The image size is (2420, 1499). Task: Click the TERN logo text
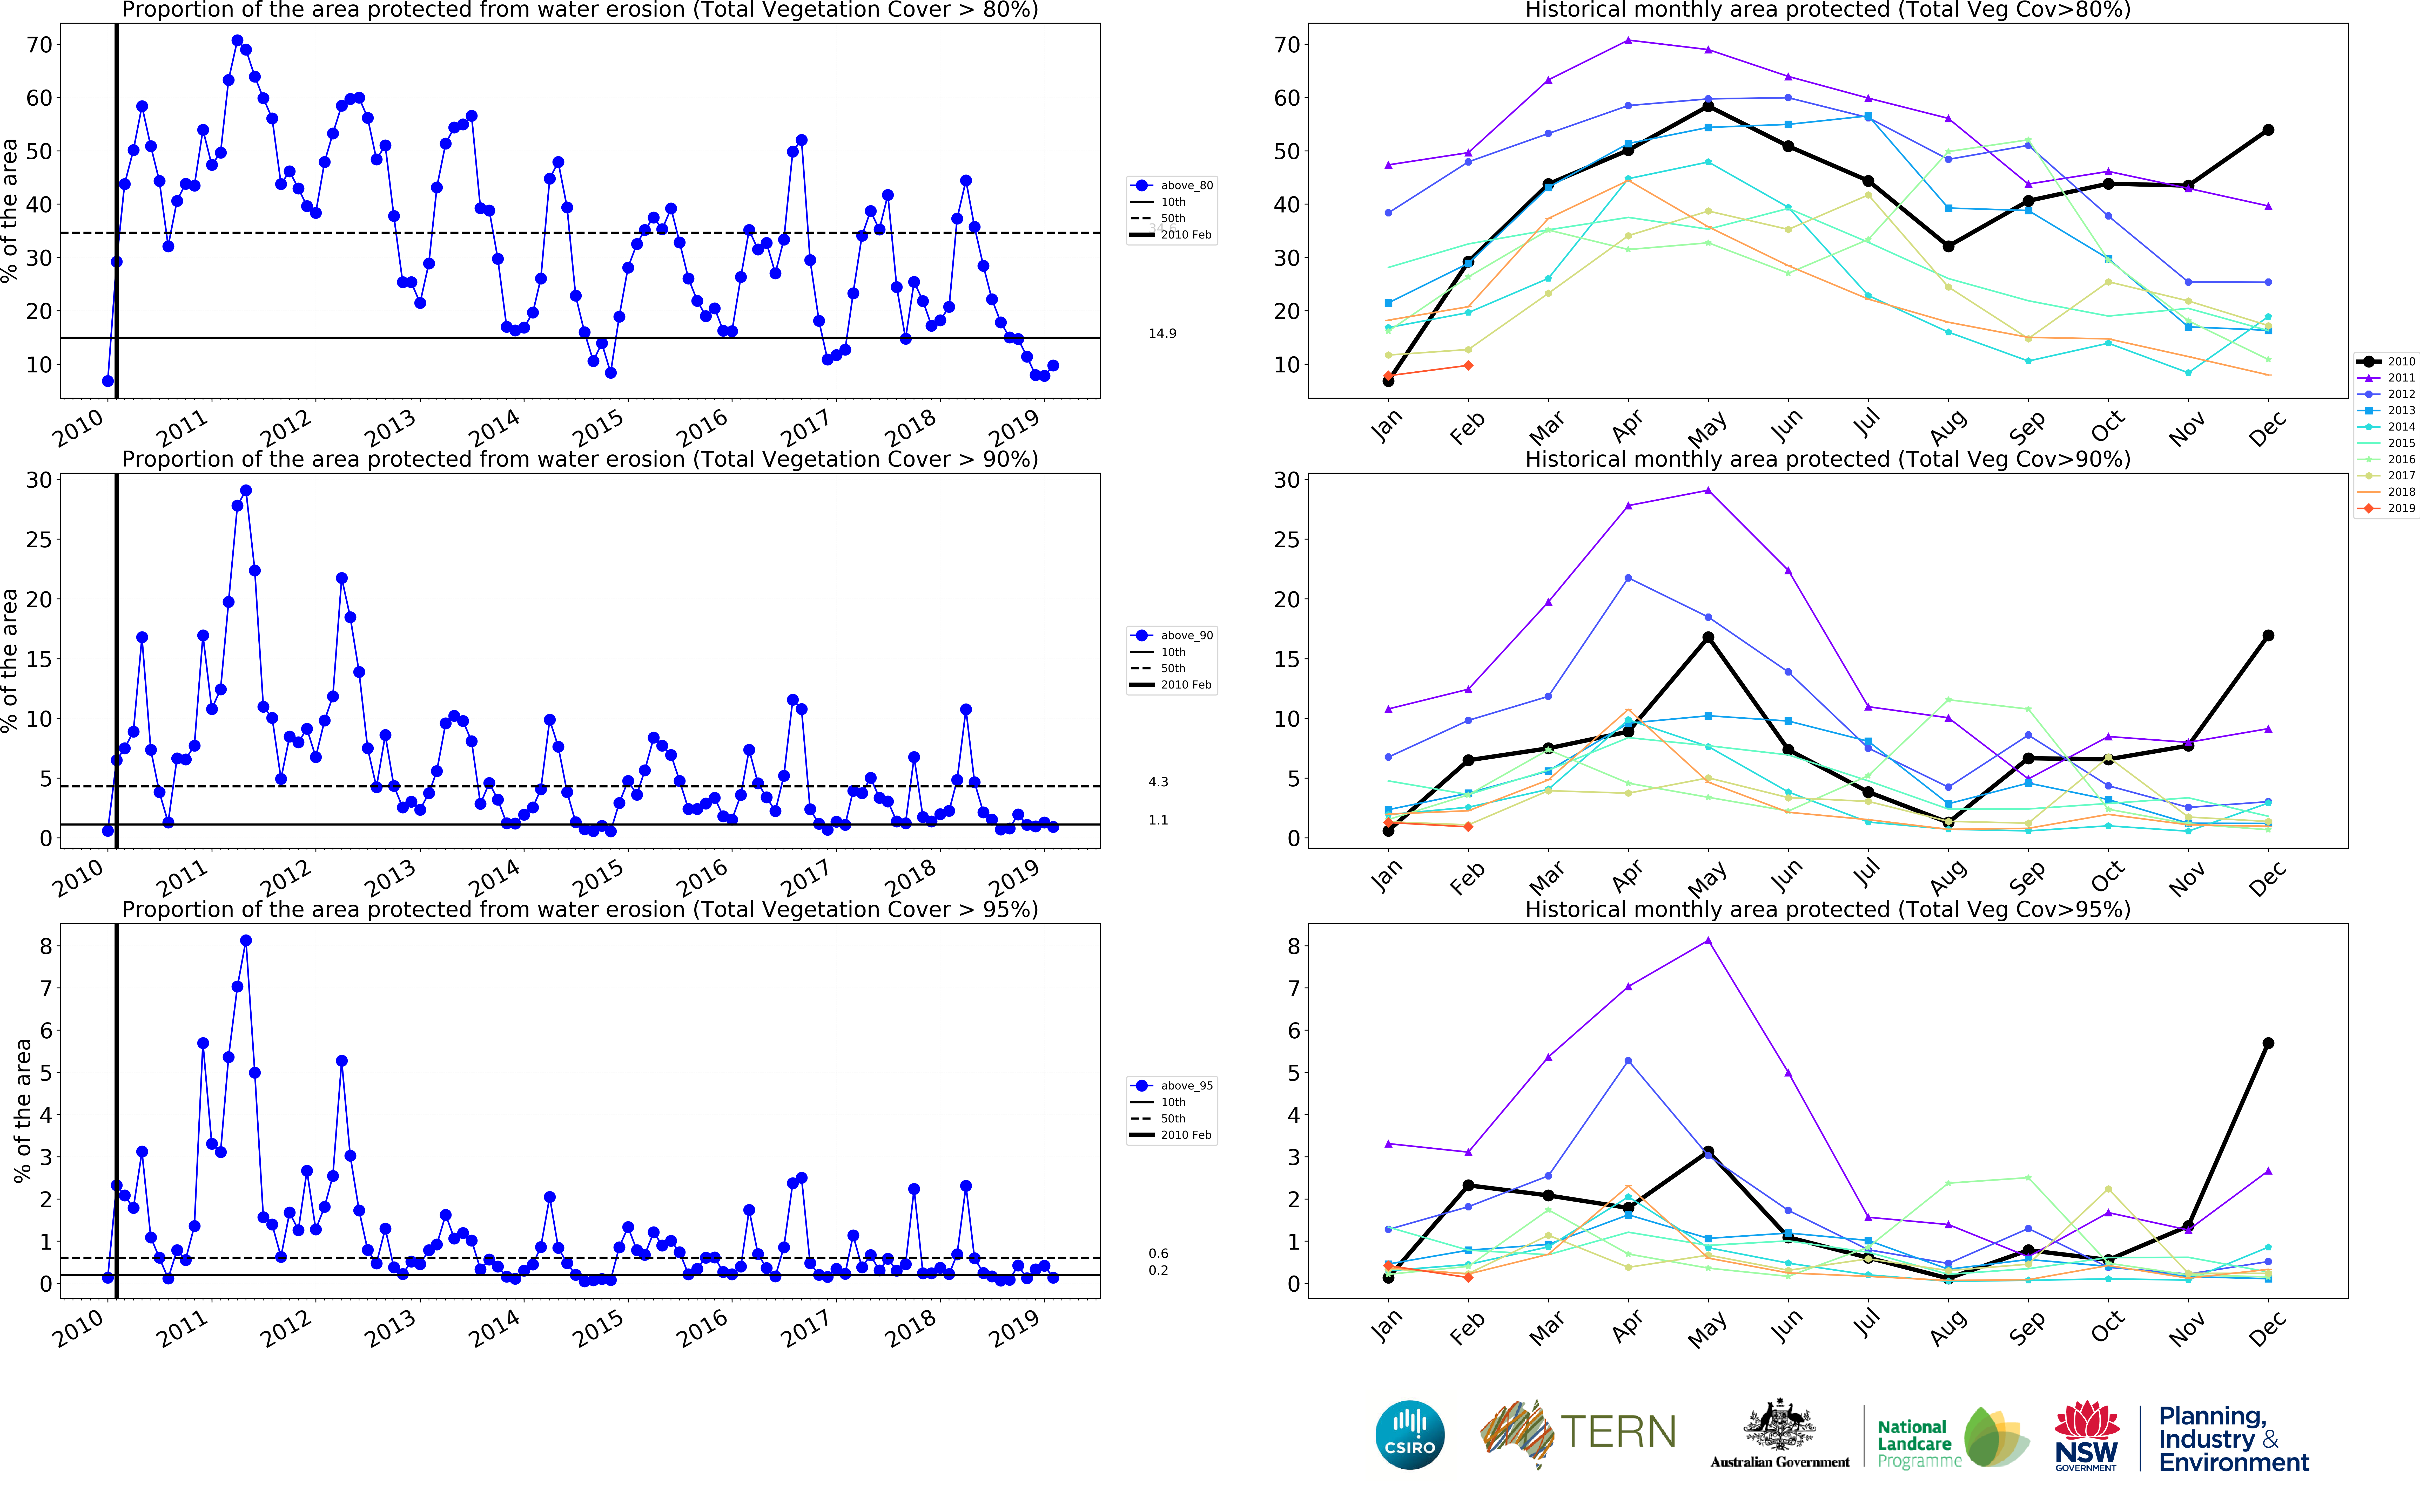click(x=1619, y=1433)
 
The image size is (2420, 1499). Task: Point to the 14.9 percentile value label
click(x=1162, y=333)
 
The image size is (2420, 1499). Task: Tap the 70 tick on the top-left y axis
click(x=40, y=45)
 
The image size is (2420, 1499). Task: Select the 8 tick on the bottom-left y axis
click(x=46, y=946)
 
